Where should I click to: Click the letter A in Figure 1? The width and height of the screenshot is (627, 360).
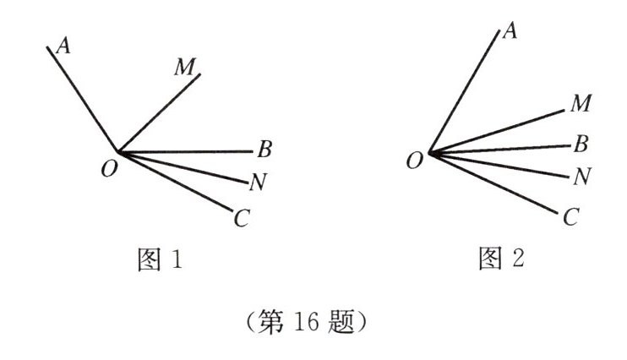[61, 46]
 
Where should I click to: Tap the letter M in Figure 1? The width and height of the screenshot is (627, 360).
[185, 68]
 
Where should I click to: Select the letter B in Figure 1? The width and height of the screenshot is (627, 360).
[264, 151]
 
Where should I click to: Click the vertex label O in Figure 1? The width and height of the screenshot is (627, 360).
[108, 169]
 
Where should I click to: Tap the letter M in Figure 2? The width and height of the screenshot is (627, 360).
[580, 105]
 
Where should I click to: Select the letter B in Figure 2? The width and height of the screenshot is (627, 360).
[581, 144]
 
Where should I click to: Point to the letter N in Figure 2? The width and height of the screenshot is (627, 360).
[581, 176]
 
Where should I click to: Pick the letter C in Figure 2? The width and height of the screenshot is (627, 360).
[570, 218]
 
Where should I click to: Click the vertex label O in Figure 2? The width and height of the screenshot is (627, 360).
[414, 161]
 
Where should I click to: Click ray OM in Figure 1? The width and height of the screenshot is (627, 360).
[159, 114]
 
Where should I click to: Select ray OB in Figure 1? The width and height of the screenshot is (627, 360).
[186, 152]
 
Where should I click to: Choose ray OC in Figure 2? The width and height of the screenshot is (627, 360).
[494, 183]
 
